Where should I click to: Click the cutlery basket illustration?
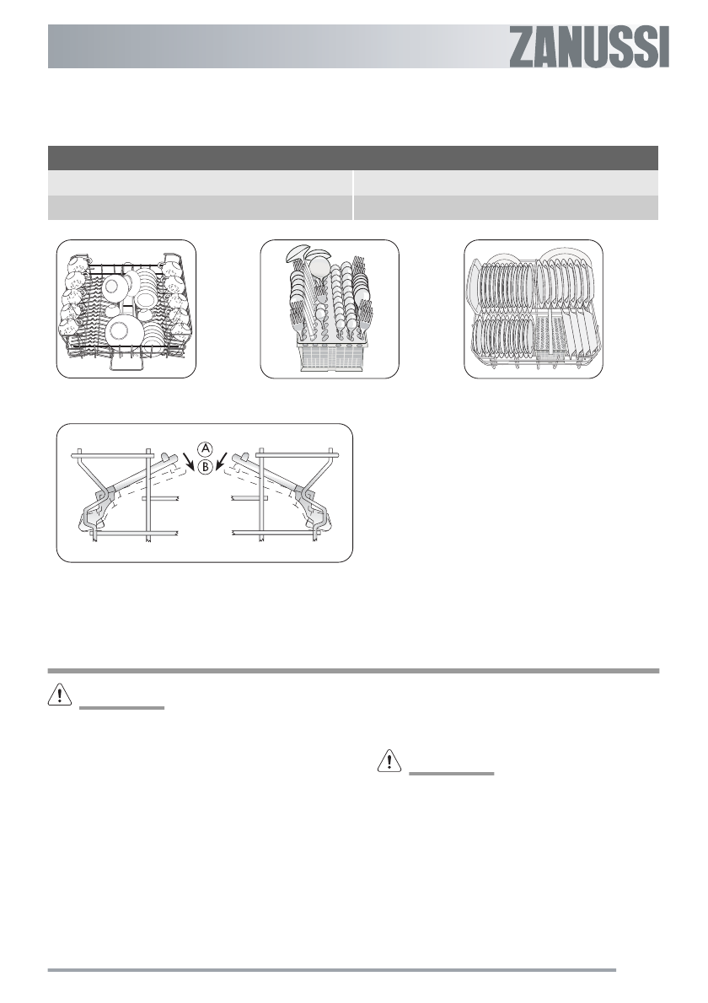(329, 308)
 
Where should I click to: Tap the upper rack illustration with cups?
(126, 308)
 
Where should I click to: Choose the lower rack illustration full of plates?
(534, 308)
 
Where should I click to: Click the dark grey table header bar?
(352, 158)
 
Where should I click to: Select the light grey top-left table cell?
(201, 183)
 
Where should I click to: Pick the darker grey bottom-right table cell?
(506, 207)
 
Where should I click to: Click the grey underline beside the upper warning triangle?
(121, 708)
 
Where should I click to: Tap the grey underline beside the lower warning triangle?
(451, 775)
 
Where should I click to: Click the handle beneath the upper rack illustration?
(125, 363)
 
